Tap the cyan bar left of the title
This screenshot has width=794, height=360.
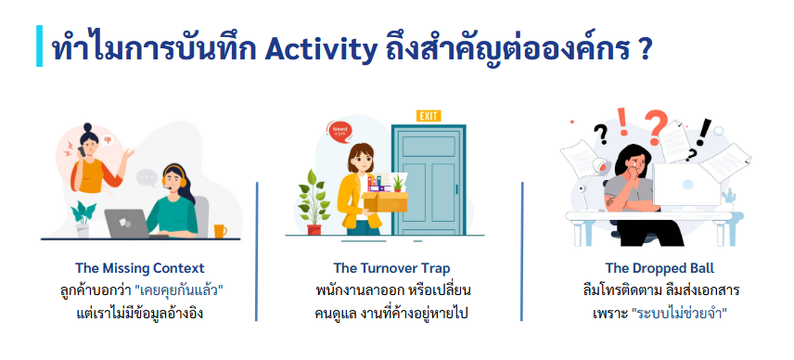[40, 45]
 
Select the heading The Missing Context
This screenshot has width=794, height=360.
[140, 268]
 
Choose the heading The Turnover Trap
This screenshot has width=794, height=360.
[391, 268]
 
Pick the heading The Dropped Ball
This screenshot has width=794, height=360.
[660, 268]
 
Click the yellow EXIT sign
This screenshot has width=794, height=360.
[429, 116]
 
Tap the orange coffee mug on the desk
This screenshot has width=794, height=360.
[220, 231]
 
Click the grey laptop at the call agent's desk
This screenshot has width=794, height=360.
[127, 224]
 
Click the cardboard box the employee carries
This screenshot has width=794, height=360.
[385, 201]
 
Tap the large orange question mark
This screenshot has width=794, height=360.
[656, 126]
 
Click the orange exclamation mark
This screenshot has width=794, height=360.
[622, 122]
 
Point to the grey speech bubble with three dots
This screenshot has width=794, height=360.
[147, 178]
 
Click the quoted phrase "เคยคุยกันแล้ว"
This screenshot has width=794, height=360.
[180, 291]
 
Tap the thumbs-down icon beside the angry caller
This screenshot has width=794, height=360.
[107, 139]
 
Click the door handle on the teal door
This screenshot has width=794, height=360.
[456, 190]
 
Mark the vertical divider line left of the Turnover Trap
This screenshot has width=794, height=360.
[257, 251]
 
